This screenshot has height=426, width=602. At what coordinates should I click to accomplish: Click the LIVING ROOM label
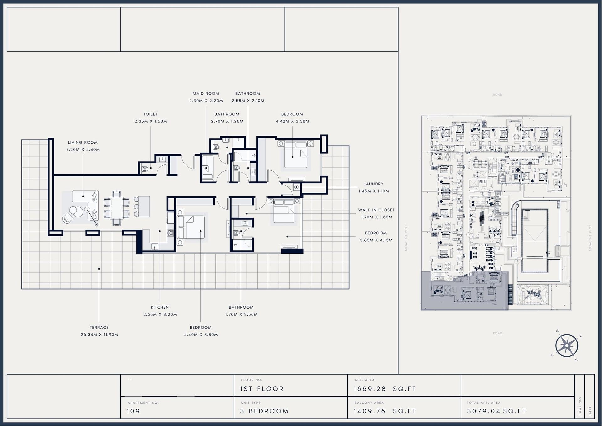[83, 142]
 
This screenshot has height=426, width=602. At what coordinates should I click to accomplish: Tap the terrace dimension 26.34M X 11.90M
[99, 335]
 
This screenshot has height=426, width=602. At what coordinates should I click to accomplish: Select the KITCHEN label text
[160, 307]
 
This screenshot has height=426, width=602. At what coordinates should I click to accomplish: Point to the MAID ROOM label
[206, 93]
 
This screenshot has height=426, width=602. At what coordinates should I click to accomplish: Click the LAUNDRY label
[373, 184]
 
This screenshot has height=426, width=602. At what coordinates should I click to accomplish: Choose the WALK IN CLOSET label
[376, 210]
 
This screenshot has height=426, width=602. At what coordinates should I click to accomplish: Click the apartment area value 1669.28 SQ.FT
[385, 389]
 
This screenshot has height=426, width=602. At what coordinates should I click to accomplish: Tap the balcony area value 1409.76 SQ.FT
[385, 411]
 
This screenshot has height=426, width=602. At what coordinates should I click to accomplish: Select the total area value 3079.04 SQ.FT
[496, 411]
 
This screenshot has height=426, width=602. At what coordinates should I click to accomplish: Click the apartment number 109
[133, 411]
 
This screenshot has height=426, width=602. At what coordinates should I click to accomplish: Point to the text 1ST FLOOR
[262, 389]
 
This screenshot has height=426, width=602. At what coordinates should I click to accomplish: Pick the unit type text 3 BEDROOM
[264, 411]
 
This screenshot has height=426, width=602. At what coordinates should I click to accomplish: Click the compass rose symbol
[567, 346]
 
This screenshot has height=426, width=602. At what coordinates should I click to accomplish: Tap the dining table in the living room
[117, 208]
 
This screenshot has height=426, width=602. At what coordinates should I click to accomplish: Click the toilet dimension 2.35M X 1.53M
[150, 121]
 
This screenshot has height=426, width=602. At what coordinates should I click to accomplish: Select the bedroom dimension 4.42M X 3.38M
[292, 121]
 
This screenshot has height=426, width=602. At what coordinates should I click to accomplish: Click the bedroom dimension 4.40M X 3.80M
[201, 335]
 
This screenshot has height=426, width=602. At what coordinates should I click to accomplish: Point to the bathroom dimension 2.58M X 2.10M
[248, 101]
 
